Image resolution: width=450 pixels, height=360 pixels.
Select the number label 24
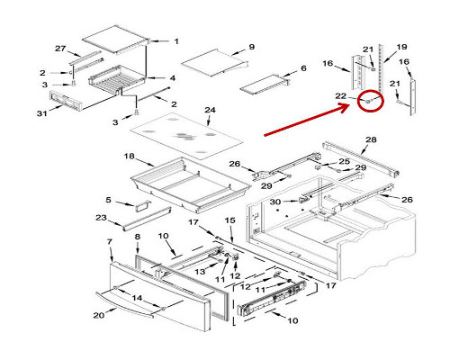[x=210, y=110]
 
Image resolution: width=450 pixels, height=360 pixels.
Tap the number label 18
[x=130, y=157]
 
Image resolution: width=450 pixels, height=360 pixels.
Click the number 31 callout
[x=42, y=113]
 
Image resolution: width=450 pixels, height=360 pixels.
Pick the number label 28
[x=371, y=139]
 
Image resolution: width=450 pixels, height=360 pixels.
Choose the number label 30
[x=275, y=202]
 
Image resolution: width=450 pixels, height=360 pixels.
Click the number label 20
[x=99, y=315]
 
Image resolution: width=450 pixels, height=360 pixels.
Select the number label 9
[x=252, y=47]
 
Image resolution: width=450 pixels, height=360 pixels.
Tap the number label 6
[x=303, y=68]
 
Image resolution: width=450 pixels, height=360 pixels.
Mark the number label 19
[x=401, y=47]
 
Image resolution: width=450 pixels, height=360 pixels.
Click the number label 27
[x=60, y=49]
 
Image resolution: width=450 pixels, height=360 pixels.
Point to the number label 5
[x=108, y=200]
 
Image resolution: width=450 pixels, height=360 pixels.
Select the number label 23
[x=101, y=218]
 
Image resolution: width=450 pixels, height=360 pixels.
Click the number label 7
[x=110, y=241]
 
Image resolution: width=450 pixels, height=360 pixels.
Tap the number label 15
[x=230, y=220]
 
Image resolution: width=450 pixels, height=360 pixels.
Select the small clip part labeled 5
[x=142, y=206]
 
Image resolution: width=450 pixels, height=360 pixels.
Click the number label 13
[x=200, y=272]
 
